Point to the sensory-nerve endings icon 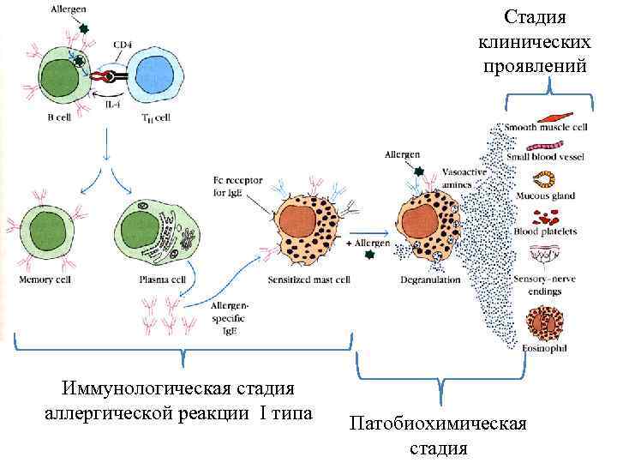click(544, 256)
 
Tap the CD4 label click(123, 43)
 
